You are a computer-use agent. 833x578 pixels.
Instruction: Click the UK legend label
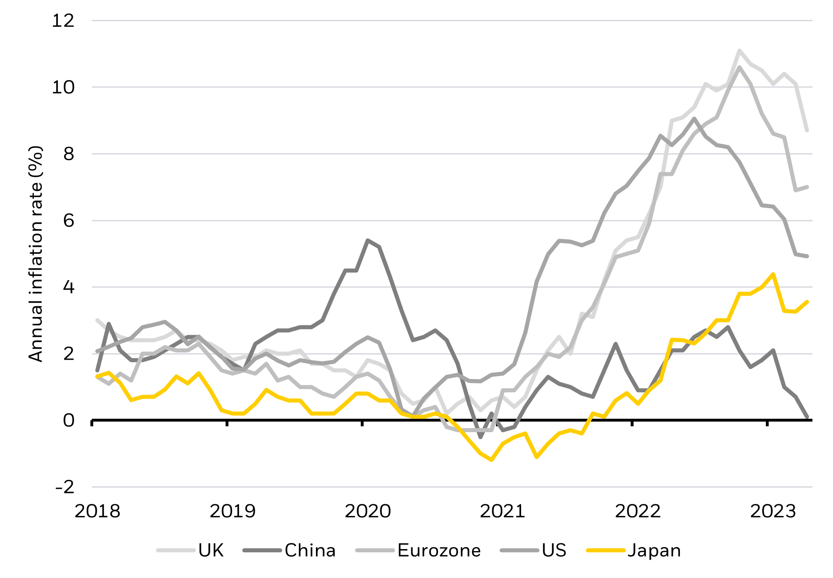click(211, 550)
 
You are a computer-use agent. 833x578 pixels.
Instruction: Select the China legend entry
click(310, 550)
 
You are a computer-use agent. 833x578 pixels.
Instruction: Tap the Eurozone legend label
click(439, 550)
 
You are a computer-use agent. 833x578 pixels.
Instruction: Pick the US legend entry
click(554, 550)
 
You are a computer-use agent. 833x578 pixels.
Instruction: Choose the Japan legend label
click(654, 550)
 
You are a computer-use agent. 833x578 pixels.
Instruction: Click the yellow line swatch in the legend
click(605, 550)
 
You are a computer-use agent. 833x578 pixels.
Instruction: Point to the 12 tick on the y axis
click(63, 20)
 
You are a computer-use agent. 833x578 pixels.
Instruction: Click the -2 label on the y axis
click(65, 487)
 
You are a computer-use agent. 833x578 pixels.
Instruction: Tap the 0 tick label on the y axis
click(69, 420)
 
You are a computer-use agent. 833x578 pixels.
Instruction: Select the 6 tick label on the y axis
click(69, 220)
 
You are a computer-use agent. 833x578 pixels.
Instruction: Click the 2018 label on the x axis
click(97, 511)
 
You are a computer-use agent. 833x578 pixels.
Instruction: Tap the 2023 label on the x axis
click(772, 511)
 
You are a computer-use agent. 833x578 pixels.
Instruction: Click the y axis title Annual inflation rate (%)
click(36, 253)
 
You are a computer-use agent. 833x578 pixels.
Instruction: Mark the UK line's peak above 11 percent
click(739, 51)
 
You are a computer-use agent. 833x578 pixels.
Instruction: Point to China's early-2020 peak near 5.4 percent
click(368, 240)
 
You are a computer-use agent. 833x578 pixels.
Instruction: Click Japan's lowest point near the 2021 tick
click(492, 460)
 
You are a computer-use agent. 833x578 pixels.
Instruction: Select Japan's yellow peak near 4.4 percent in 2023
click(773, 274)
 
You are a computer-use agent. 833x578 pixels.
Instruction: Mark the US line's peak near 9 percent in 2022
click(694, 119)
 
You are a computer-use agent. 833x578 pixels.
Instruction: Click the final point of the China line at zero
click(807, 418)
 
